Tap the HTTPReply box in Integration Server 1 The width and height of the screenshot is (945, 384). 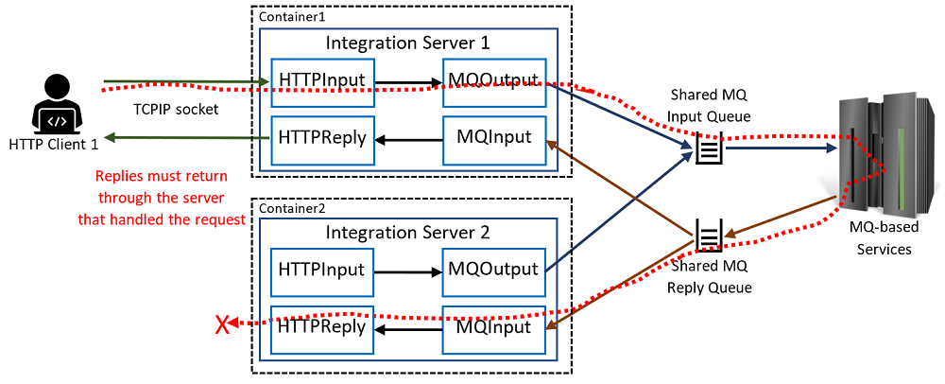(322, 138)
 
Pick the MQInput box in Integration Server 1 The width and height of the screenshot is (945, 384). (494, 138)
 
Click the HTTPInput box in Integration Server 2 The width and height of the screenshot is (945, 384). (322, 271)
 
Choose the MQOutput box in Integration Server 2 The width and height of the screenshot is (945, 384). (494, 271)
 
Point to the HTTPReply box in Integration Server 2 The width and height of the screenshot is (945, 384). (322, 328)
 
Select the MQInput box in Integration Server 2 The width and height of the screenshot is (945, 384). (494, 328)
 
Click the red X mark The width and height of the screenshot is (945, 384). (223, 325)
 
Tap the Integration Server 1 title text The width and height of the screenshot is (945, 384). (407, 43)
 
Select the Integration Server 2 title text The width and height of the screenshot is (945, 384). (407, 232)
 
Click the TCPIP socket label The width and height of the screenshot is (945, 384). (176, 109)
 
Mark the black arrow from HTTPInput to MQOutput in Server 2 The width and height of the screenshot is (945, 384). (407, 271)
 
